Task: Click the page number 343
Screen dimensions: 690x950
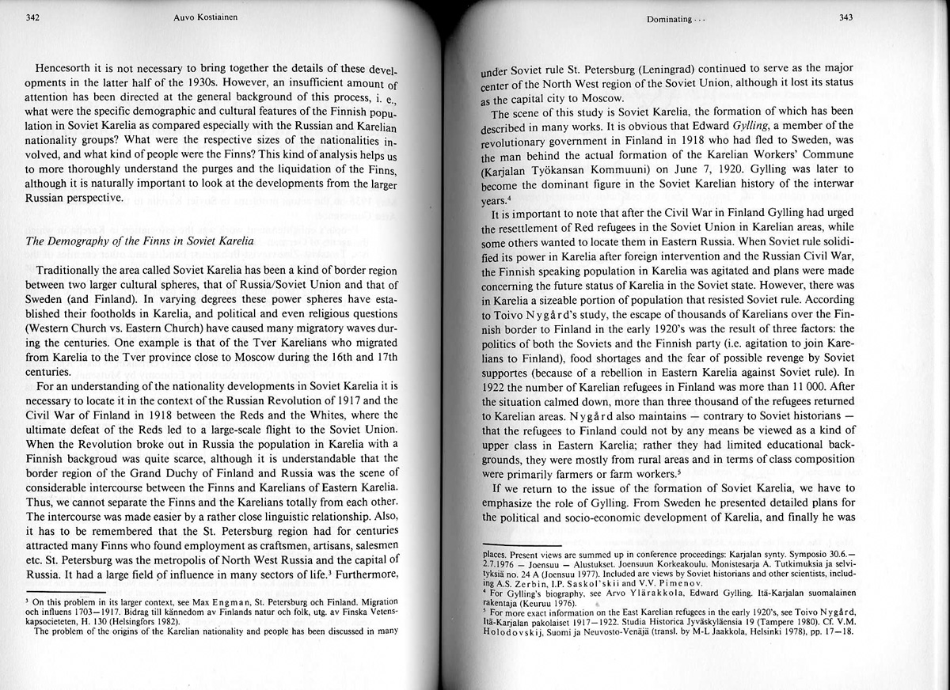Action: tap(845, 17)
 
